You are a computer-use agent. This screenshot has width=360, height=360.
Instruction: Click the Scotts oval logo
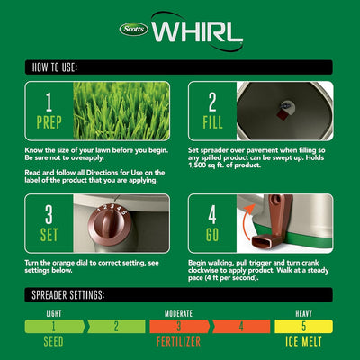pyautogui.click(x=133, y=28)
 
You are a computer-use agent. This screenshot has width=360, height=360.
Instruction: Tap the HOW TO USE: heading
pyautogui.click(x=59, y=67)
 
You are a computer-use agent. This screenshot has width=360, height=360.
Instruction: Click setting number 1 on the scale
pyautogui.click(x=53, y=327)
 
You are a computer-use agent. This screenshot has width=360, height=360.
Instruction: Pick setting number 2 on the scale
pyautogui.click(x=116, y=327)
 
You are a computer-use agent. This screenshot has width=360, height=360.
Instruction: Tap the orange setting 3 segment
pyautogui.click(x=178, y=327)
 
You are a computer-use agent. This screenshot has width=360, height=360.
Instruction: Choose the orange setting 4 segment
pyautogui.click(x=241, y=327)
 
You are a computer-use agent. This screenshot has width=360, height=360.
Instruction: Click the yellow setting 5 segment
pyautogui.click(x=303, y=327)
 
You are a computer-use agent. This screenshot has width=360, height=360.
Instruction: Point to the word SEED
pyautogui.click(x=53, y=343)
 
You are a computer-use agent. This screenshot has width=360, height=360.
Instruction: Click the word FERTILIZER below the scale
pyautogui.click(x=178, y=343)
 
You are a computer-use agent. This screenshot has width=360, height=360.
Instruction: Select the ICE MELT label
pyautogui.click(x=303, y=343)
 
